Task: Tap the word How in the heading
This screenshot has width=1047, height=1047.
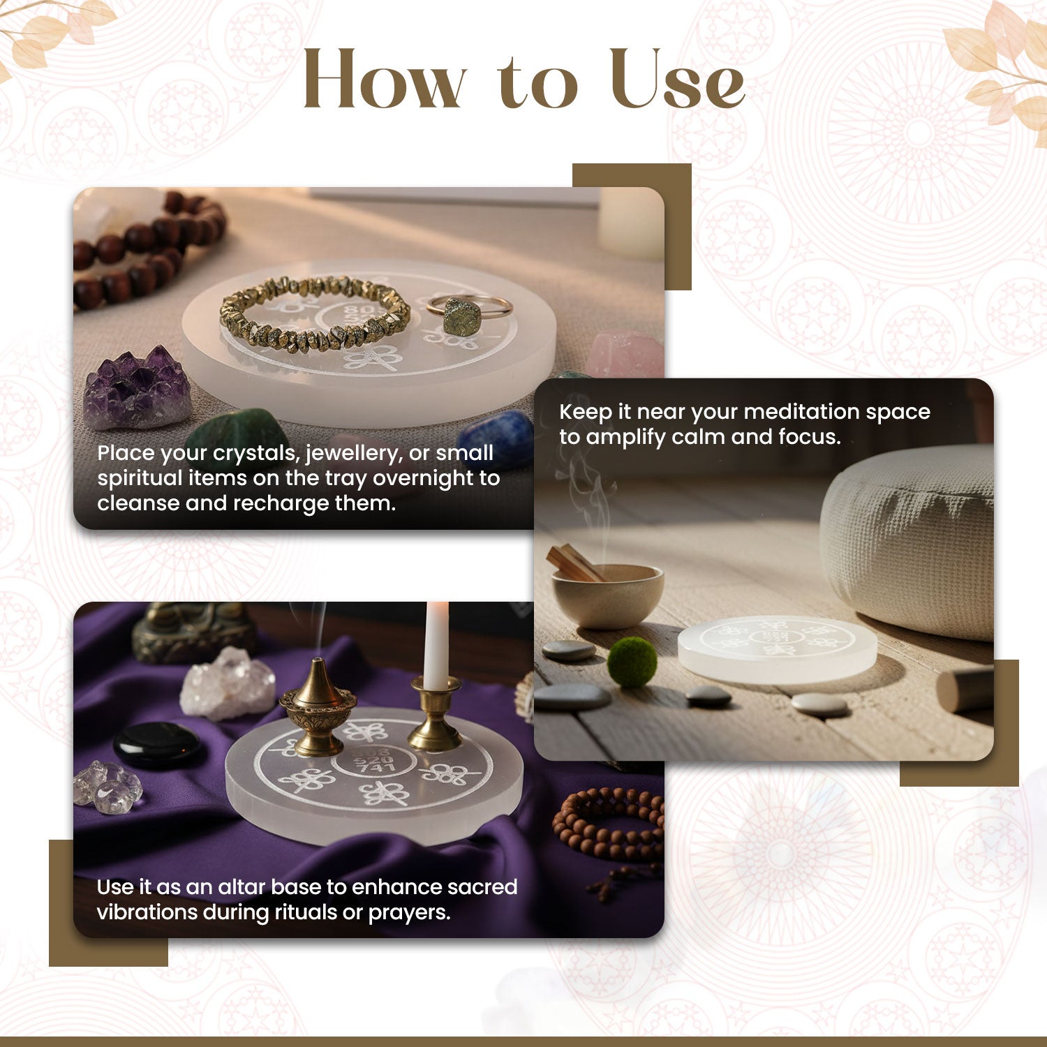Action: click(x=385, y=78)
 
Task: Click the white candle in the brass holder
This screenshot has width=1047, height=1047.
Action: click(x=436, y=646)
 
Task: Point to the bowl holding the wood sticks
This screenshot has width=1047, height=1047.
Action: click(x=607, y=595)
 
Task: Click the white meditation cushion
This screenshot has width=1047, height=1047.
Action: click(x=907, y=541)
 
